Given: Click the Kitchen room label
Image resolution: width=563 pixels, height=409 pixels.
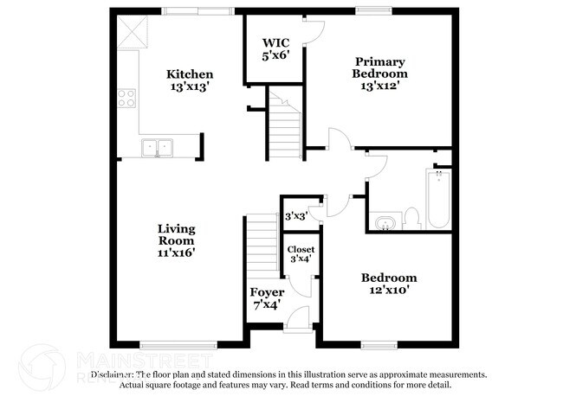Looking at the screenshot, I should pos(189,80).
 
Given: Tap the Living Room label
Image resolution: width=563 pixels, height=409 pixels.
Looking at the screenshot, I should pos(176,240).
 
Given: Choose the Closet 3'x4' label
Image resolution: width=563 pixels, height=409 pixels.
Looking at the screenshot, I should pos(301,254).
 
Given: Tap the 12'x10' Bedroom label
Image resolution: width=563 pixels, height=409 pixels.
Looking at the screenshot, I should pos(389,284).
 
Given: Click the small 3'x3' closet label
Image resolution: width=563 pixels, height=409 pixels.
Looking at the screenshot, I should pos(296,216).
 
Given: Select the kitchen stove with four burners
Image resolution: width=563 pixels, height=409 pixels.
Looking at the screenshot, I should pos(126,98).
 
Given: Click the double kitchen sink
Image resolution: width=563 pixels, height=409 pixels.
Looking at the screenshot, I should pos(158,147).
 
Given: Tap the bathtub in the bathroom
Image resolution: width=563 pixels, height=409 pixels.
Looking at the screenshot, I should pos(438,198).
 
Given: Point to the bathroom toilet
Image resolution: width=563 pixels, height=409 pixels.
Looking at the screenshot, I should pos(412,217).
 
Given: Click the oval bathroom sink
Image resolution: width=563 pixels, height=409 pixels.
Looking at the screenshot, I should pos(385,224).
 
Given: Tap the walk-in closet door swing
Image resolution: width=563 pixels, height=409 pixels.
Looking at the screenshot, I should pos(313,29).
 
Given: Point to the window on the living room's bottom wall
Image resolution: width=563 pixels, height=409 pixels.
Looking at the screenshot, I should pos(177,345).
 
